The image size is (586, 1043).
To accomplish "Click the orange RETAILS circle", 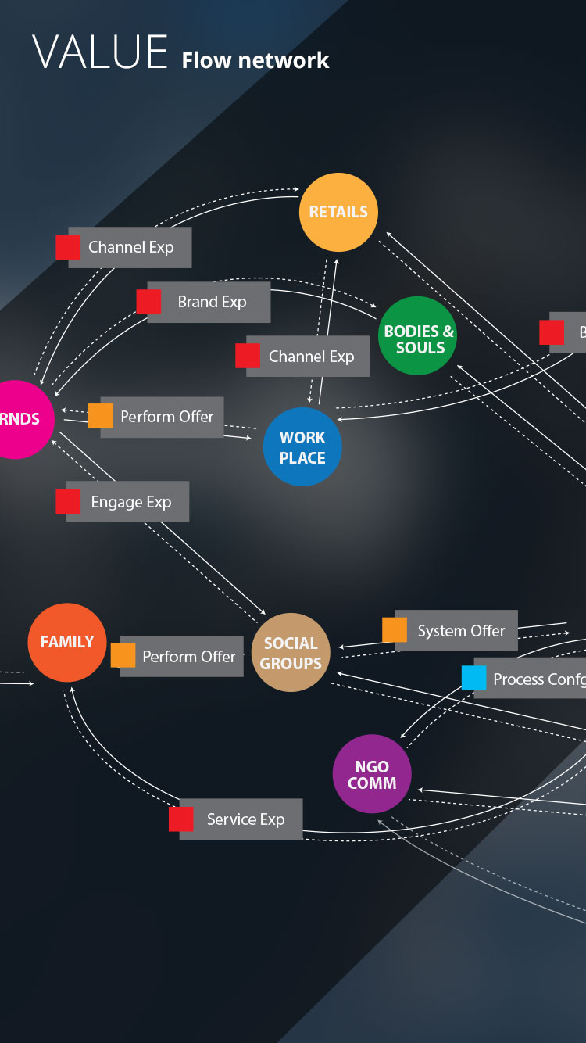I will coord(338,212).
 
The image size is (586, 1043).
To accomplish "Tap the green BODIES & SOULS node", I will coord(418,335).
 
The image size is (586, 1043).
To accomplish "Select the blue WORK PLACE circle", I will coord(302,446).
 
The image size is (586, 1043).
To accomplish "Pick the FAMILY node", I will coord(67,642).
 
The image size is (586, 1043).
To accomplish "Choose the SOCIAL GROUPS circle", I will coord(291,653).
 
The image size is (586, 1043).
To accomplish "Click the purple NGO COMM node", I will coord(372,774).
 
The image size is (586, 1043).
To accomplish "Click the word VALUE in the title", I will coord(100,53).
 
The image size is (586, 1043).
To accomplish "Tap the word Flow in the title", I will coord(207,60).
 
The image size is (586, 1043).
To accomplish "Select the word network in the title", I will coord(284,60).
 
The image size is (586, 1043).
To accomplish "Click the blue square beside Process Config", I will coord(473,678).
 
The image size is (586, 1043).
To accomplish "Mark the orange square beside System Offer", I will coord(395,629).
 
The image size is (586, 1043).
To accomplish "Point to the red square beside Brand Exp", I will coord(148,301).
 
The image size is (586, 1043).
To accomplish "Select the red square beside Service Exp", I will coord(181,819).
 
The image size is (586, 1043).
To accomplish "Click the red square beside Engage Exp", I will coord(68,501).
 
